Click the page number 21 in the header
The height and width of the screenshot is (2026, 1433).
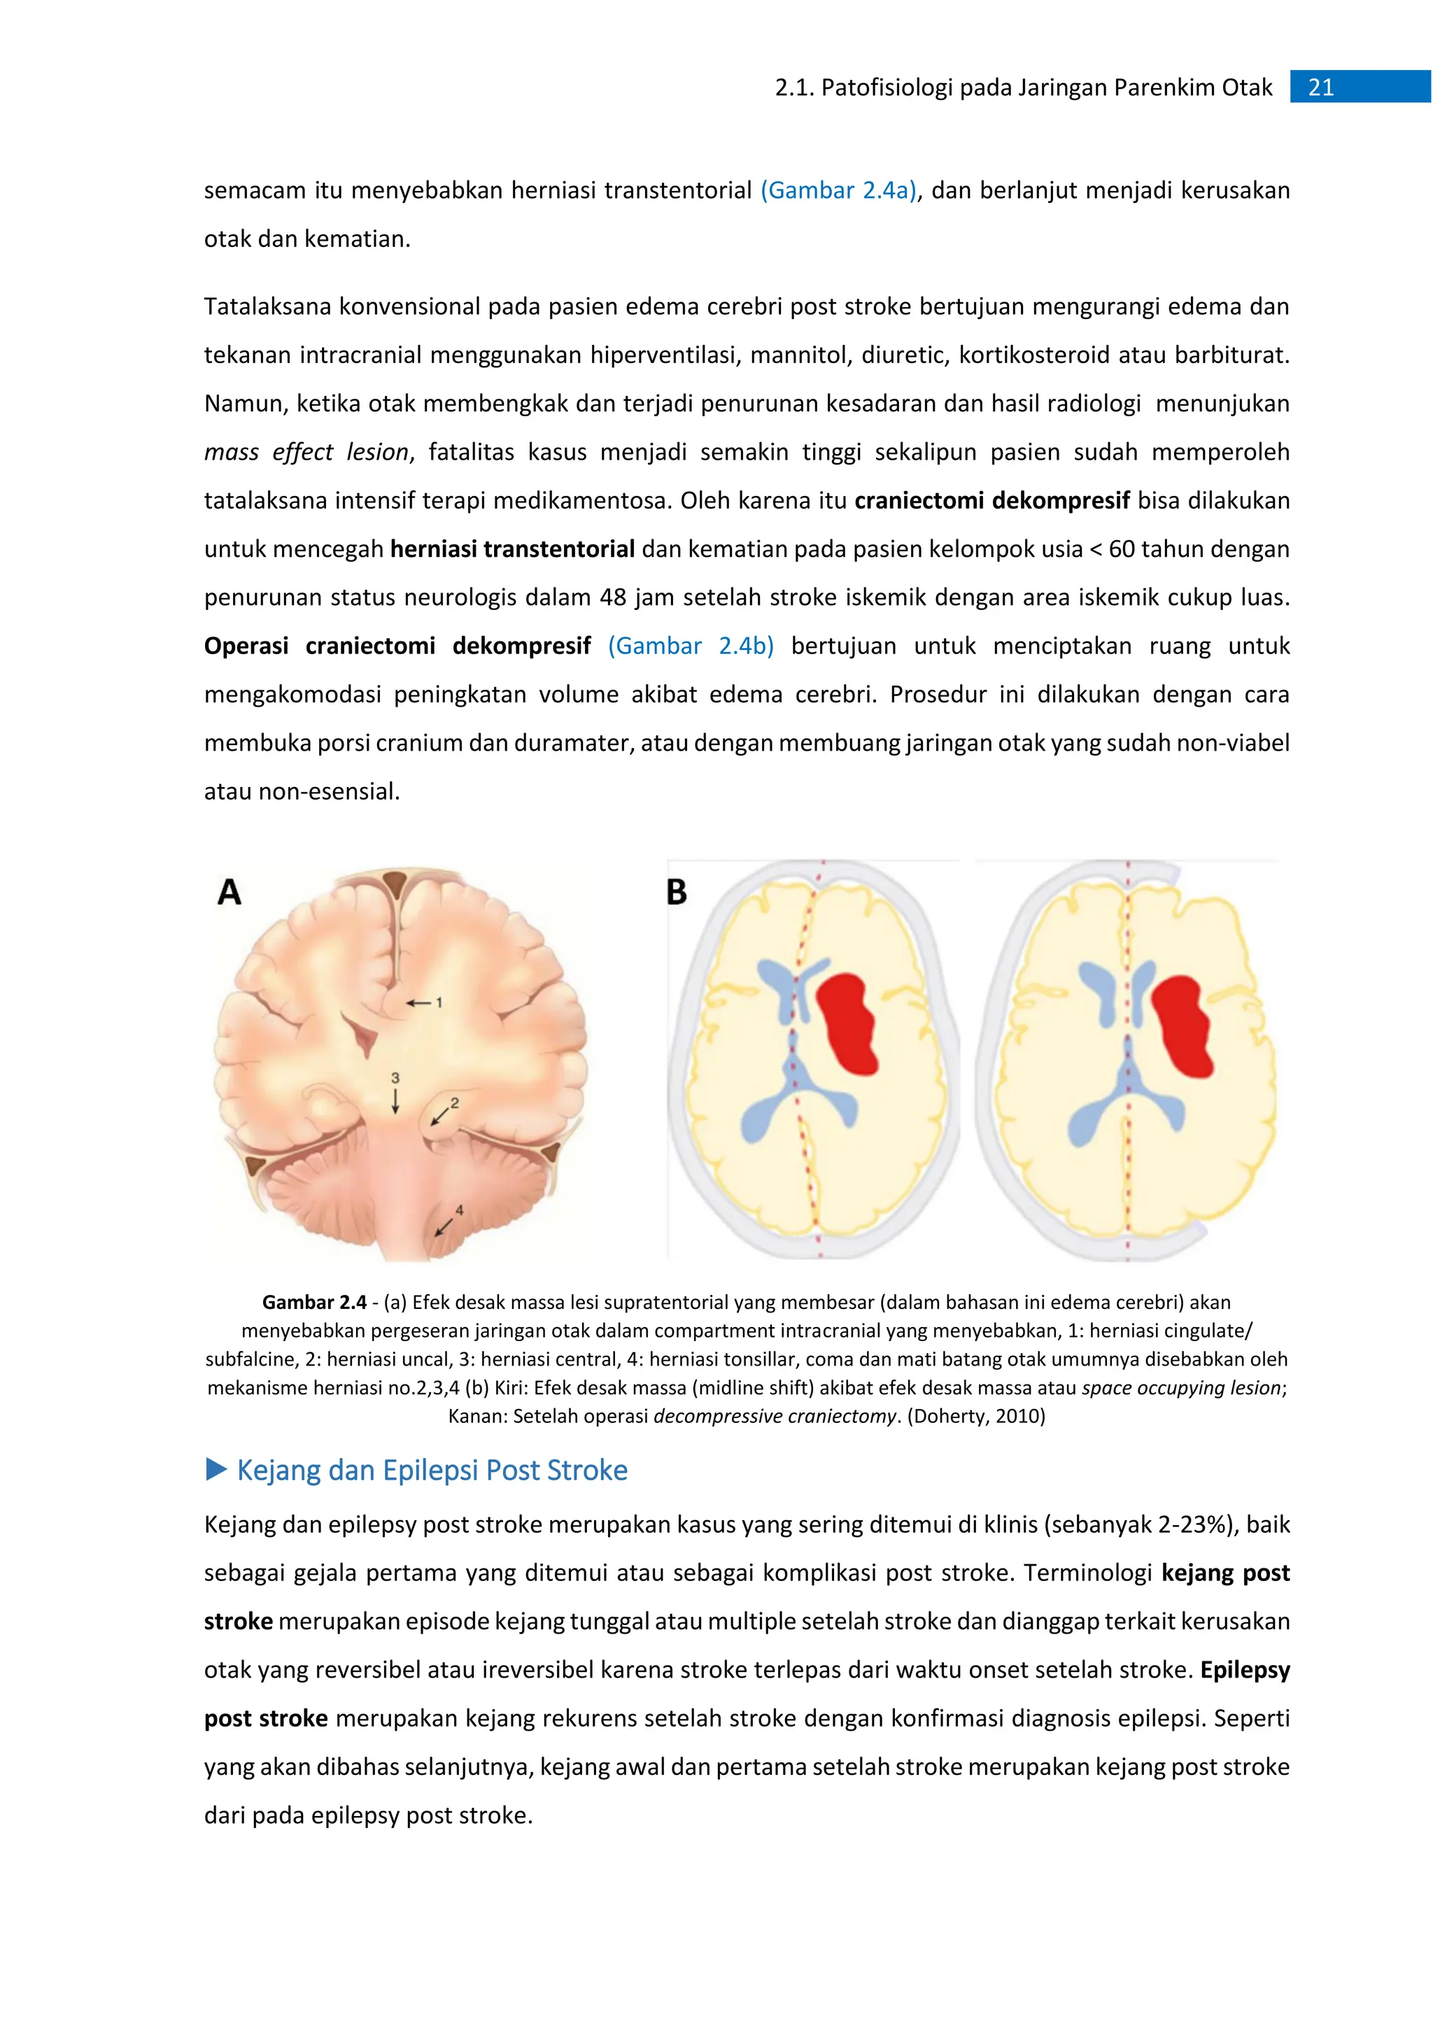click(1320, 87)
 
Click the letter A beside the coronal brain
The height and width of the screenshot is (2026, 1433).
click(230, 892)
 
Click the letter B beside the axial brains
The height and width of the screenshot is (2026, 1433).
click(677, 892)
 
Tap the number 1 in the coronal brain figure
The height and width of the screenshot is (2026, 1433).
click(439, 1003)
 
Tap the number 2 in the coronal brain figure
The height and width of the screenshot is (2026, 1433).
click(454, 1103)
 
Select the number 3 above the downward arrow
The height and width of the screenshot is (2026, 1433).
click(395, 1077)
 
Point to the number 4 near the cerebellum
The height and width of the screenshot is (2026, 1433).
click(459, 1210)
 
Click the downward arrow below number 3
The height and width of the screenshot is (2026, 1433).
click(395, 1101)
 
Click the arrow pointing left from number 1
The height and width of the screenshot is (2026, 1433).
click(418, 1003)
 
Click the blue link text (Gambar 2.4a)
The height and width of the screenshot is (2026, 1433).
click(838, 190)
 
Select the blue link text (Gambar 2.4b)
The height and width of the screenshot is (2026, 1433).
click(691, 646)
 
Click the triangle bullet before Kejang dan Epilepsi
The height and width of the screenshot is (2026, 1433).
click(216, 1469)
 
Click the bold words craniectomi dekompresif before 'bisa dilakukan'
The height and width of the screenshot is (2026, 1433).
click(991, 500)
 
